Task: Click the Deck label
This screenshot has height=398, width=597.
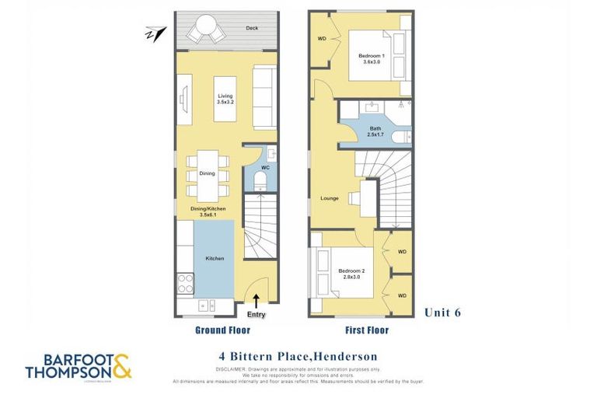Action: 251,28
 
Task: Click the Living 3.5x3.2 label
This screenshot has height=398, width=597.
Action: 225,98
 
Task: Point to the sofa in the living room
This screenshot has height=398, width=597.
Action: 264,97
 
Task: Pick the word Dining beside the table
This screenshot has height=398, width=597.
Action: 207,173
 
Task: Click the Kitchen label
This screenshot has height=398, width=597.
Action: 215,258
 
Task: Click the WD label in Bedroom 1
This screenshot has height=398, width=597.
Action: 321,38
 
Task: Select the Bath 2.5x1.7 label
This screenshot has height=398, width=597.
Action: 375,133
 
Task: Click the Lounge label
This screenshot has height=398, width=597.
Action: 329,198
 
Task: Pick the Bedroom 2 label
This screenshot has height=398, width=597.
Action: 352,273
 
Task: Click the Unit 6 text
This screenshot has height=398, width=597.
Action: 442,312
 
